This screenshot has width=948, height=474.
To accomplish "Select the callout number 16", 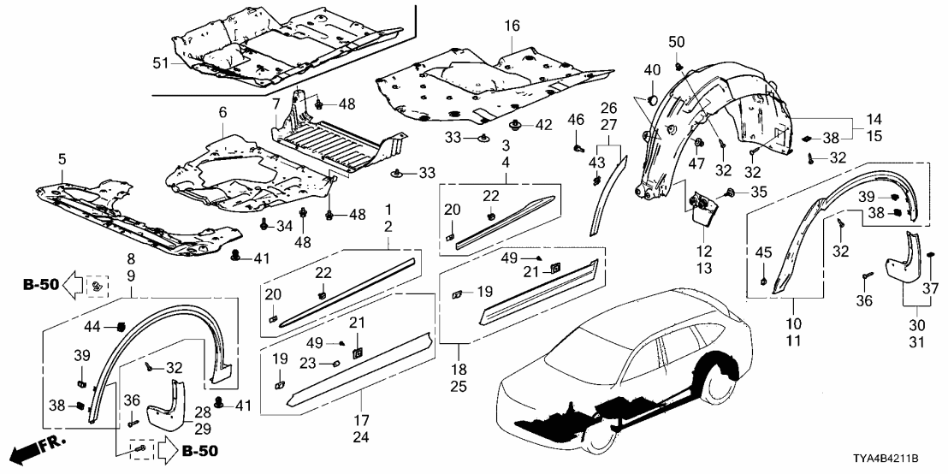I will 511,27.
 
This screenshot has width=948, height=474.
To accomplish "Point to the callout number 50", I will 677,43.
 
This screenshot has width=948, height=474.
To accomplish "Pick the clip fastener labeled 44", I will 121,326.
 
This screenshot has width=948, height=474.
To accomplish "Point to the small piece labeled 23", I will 336,363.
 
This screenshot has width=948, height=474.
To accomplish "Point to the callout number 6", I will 222,112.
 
